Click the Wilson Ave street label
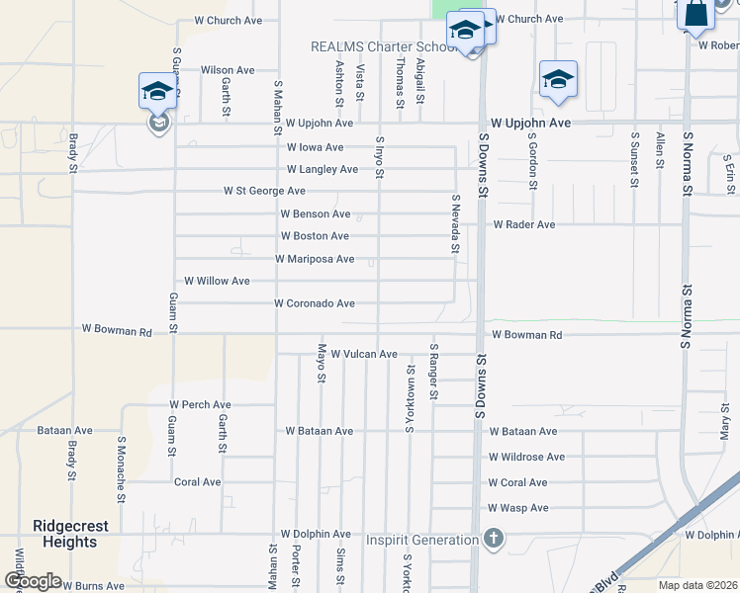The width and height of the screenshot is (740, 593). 228,70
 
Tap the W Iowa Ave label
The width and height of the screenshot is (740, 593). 320,147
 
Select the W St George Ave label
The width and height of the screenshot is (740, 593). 264,191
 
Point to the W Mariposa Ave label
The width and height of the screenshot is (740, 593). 315,259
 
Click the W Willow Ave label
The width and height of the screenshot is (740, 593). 217,281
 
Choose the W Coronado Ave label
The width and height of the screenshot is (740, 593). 315,303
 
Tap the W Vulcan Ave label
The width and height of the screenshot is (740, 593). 363,354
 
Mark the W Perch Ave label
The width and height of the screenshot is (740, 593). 200,405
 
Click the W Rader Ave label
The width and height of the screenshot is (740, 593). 524,224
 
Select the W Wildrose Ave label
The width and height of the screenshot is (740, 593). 526,457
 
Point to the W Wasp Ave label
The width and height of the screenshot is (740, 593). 517,508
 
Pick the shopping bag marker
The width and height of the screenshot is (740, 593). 696,14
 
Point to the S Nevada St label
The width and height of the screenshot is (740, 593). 456,223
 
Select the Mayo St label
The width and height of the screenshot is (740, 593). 322,366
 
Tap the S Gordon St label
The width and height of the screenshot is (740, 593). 531,161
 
